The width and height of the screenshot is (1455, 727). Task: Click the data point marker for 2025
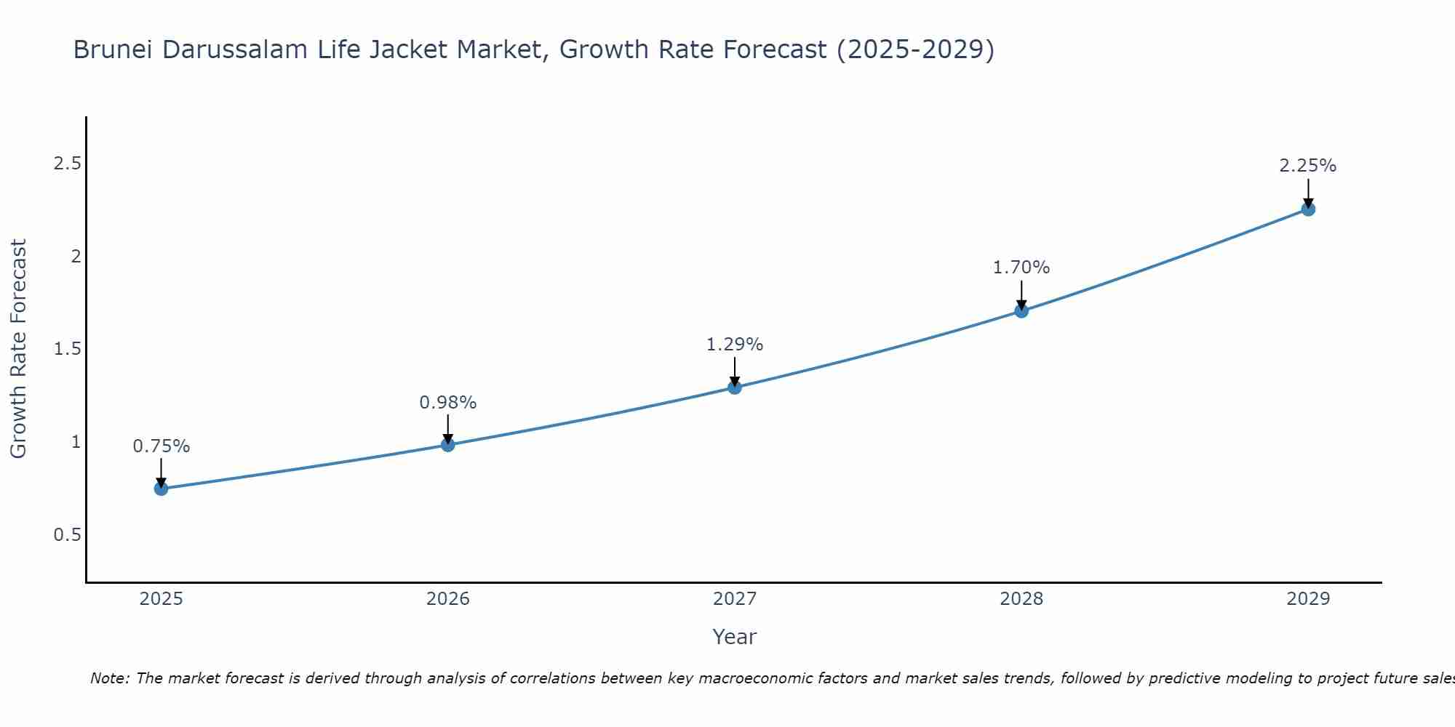point(162,489)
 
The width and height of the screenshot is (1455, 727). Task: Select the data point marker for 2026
point(448,444)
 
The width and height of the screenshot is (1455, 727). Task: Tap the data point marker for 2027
point(735,387)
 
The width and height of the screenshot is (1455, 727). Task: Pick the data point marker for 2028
point(1021,310)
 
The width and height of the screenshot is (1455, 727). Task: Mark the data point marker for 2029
point(1308,209)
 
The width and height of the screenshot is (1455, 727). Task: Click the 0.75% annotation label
point(162,446)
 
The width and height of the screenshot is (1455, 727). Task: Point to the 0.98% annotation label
point(448,403)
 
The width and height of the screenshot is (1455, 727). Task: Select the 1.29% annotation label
point(735,345)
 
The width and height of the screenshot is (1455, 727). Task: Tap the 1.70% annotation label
point(1021,268)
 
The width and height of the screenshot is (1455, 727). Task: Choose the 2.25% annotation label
point(1308,166)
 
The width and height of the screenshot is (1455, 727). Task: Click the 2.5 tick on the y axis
point(67,164)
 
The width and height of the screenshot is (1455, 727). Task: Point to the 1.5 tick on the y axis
point(67,349)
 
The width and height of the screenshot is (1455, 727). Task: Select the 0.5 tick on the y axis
point(67,535)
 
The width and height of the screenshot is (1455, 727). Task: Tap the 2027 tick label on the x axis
point(735,599)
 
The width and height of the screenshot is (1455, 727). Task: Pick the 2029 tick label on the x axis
point(1308,599)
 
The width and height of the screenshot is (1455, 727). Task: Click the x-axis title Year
point(735,637)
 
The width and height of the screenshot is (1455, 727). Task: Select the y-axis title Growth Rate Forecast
point(18,349)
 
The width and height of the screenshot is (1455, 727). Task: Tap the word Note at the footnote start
point(109,678)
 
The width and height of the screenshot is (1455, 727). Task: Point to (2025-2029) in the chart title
point(915,49)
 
